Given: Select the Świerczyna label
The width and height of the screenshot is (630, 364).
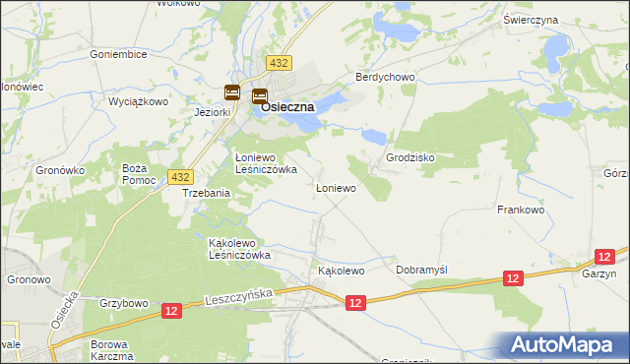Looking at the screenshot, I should [558, 20].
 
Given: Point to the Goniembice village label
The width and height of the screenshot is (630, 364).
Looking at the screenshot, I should [118, 55].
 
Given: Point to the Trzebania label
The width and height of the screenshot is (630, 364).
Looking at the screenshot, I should [207, 194].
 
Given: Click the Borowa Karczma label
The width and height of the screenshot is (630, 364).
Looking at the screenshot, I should [110, 350].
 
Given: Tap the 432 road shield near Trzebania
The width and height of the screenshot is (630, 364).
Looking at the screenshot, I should [179, 176].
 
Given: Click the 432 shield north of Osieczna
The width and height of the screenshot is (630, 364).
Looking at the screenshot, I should [279, 63].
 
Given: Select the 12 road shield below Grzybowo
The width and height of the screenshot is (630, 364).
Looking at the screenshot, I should [171, 311].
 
